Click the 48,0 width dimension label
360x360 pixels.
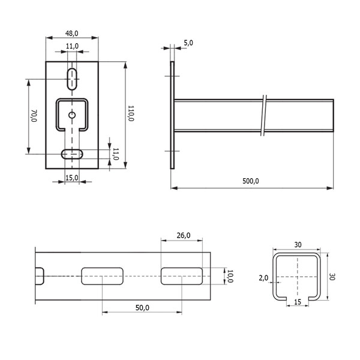(71, 34)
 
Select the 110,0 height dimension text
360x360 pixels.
(131, 113)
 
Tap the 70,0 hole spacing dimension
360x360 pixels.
(34, 116)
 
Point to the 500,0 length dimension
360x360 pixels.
(250, 181)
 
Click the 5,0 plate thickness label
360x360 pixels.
(188, 43)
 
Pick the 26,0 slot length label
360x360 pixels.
(184, 236)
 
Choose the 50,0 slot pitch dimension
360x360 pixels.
(142, 308)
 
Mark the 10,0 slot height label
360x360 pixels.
(230, 276)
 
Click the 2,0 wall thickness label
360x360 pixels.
(263, 278)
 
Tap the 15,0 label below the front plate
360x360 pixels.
(72, 178)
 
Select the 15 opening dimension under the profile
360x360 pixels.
(298, 302)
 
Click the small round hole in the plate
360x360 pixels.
(72, 115)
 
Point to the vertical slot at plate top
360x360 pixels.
(72, 79)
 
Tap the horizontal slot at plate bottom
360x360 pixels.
(72, 154)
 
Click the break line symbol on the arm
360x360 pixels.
(264, 115)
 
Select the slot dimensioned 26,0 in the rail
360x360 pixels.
(182, 276)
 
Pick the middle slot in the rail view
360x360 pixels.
(102, 276)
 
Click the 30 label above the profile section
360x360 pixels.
(298, 245)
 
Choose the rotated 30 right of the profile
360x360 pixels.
(332, 277)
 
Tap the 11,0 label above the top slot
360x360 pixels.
(72, 46)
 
